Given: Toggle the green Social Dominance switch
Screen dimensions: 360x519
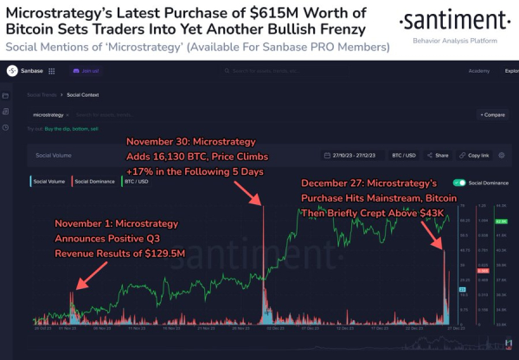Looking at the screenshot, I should [457, 183].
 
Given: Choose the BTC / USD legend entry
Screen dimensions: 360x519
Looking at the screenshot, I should [135, 183].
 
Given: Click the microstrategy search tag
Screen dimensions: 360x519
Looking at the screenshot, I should [49, 113].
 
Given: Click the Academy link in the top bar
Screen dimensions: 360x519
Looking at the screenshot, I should [478, 71].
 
